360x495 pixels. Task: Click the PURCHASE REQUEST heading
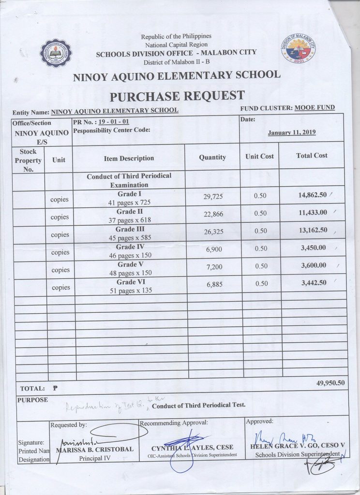177,96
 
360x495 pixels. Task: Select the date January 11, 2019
291,132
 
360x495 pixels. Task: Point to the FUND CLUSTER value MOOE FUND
315,107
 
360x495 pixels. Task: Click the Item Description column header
129,158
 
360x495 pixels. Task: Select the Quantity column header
212,157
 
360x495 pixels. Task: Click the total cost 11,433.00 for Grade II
313,213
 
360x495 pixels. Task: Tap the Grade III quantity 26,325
213,232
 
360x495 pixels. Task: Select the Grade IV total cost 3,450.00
313,248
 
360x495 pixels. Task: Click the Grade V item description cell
129,269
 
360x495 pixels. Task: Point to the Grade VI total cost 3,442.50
313,283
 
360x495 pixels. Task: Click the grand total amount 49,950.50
330,382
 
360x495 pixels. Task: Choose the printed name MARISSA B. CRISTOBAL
94,449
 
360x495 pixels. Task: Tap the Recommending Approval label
174,422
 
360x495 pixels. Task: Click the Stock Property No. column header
28,160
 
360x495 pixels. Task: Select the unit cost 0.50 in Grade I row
260,196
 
